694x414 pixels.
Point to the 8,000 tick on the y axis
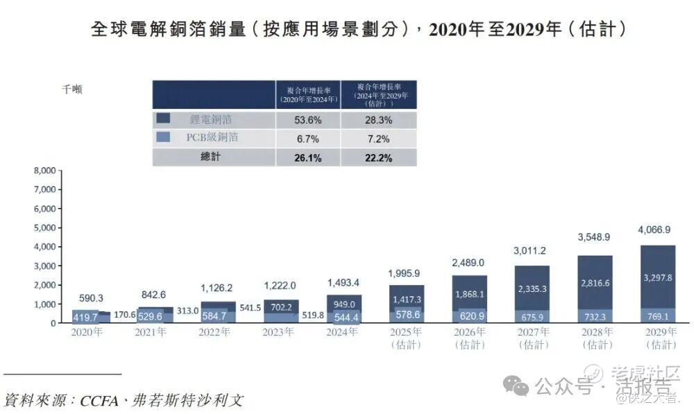pos(44,171)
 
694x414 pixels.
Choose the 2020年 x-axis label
pos(87,332)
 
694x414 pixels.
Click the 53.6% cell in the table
pos(308,120)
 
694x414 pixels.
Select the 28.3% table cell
pos(379,120)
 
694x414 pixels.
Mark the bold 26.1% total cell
pos(308,157)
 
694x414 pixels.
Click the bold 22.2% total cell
pos(379,157)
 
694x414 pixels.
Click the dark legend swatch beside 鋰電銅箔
pos(164,119)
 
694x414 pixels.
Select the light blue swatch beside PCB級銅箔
pos(164,137)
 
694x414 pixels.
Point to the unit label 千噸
pos(72,89)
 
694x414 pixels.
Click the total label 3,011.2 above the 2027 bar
pos(532,250)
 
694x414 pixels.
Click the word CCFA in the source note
pos(102,401)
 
